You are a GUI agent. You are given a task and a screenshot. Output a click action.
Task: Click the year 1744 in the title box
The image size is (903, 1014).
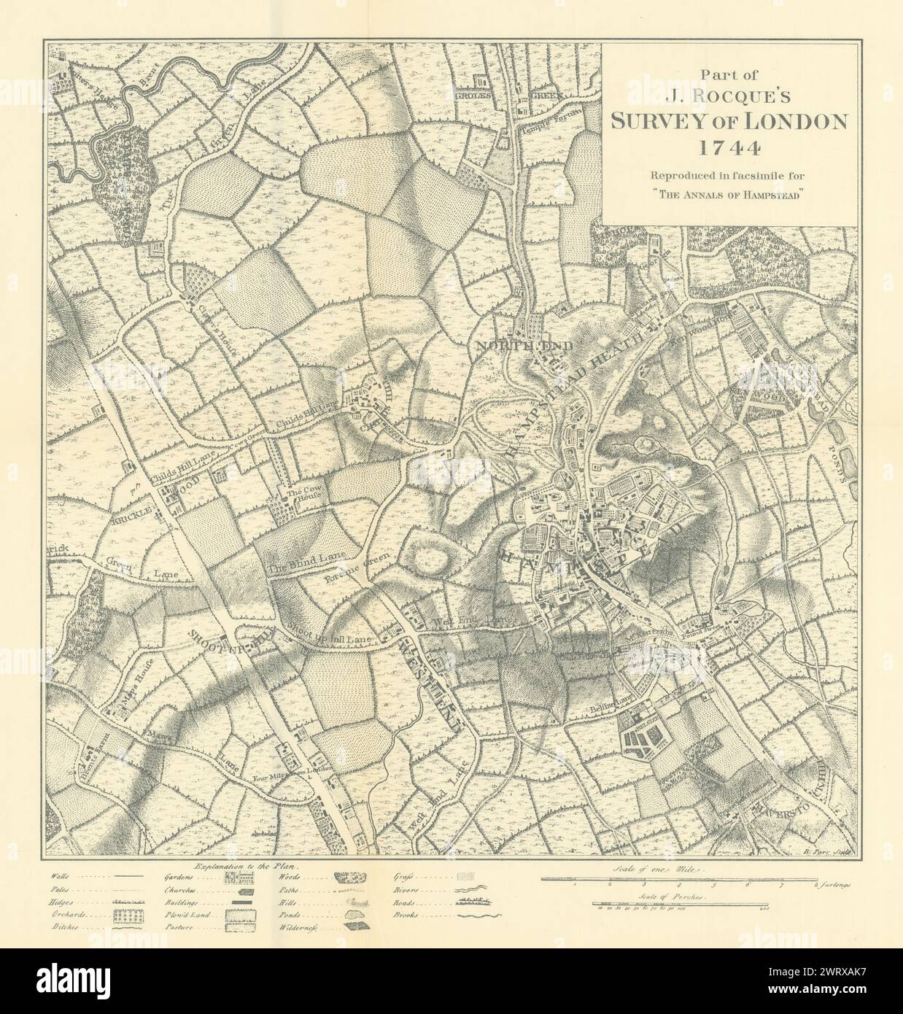(729, 148)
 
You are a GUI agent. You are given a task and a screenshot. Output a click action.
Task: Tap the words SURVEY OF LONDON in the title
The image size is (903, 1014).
(729, 121)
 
